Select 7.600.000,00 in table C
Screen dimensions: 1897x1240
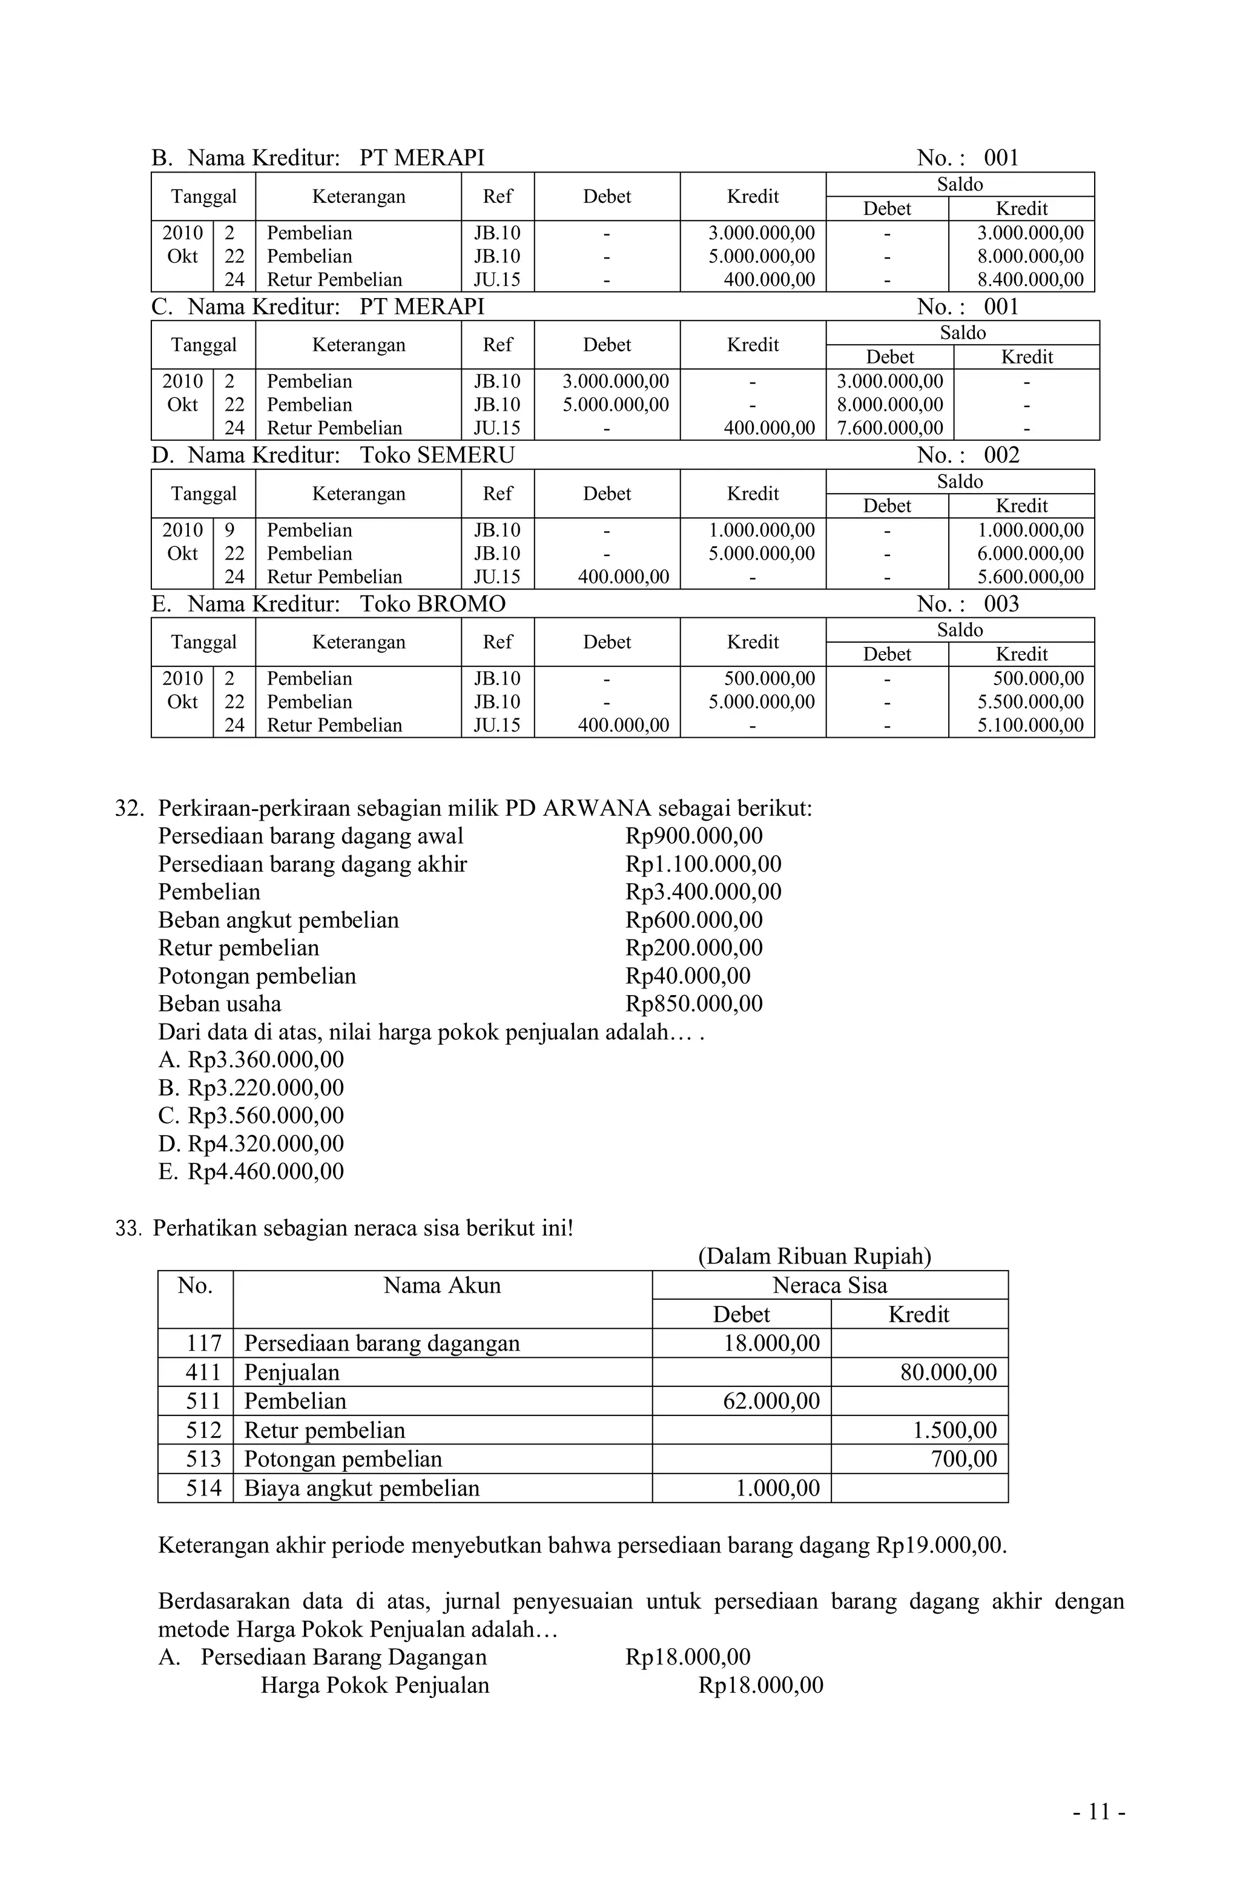point(889,428)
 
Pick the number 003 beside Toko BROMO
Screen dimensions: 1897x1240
point(1001,604)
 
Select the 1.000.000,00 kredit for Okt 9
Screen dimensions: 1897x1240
point(761,530)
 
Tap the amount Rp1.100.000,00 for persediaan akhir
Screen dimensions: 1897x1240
point(703,864)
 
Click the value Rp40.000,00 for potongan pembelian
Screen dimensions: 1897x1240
point(687,976)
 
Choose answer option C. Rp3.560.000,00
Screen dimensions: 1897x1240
point(251,1115)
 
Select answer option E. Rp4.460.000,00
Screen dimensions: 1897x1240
point(251,1171)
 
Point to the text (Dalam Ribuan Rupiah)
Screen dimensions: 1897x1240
point(814,1256)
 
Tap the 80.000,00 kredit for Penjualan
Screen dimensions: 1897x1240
point(948,1372)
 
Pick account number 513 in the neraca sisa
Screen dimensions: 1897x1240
point(203,1460)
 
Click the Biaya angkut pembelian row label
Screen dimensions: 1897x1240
point(362,1488)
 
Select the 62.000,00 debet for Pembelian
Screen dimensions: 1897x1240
point(771,1401)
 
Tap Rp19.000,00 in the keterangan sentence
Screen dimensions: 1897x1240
point(940,1546)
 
